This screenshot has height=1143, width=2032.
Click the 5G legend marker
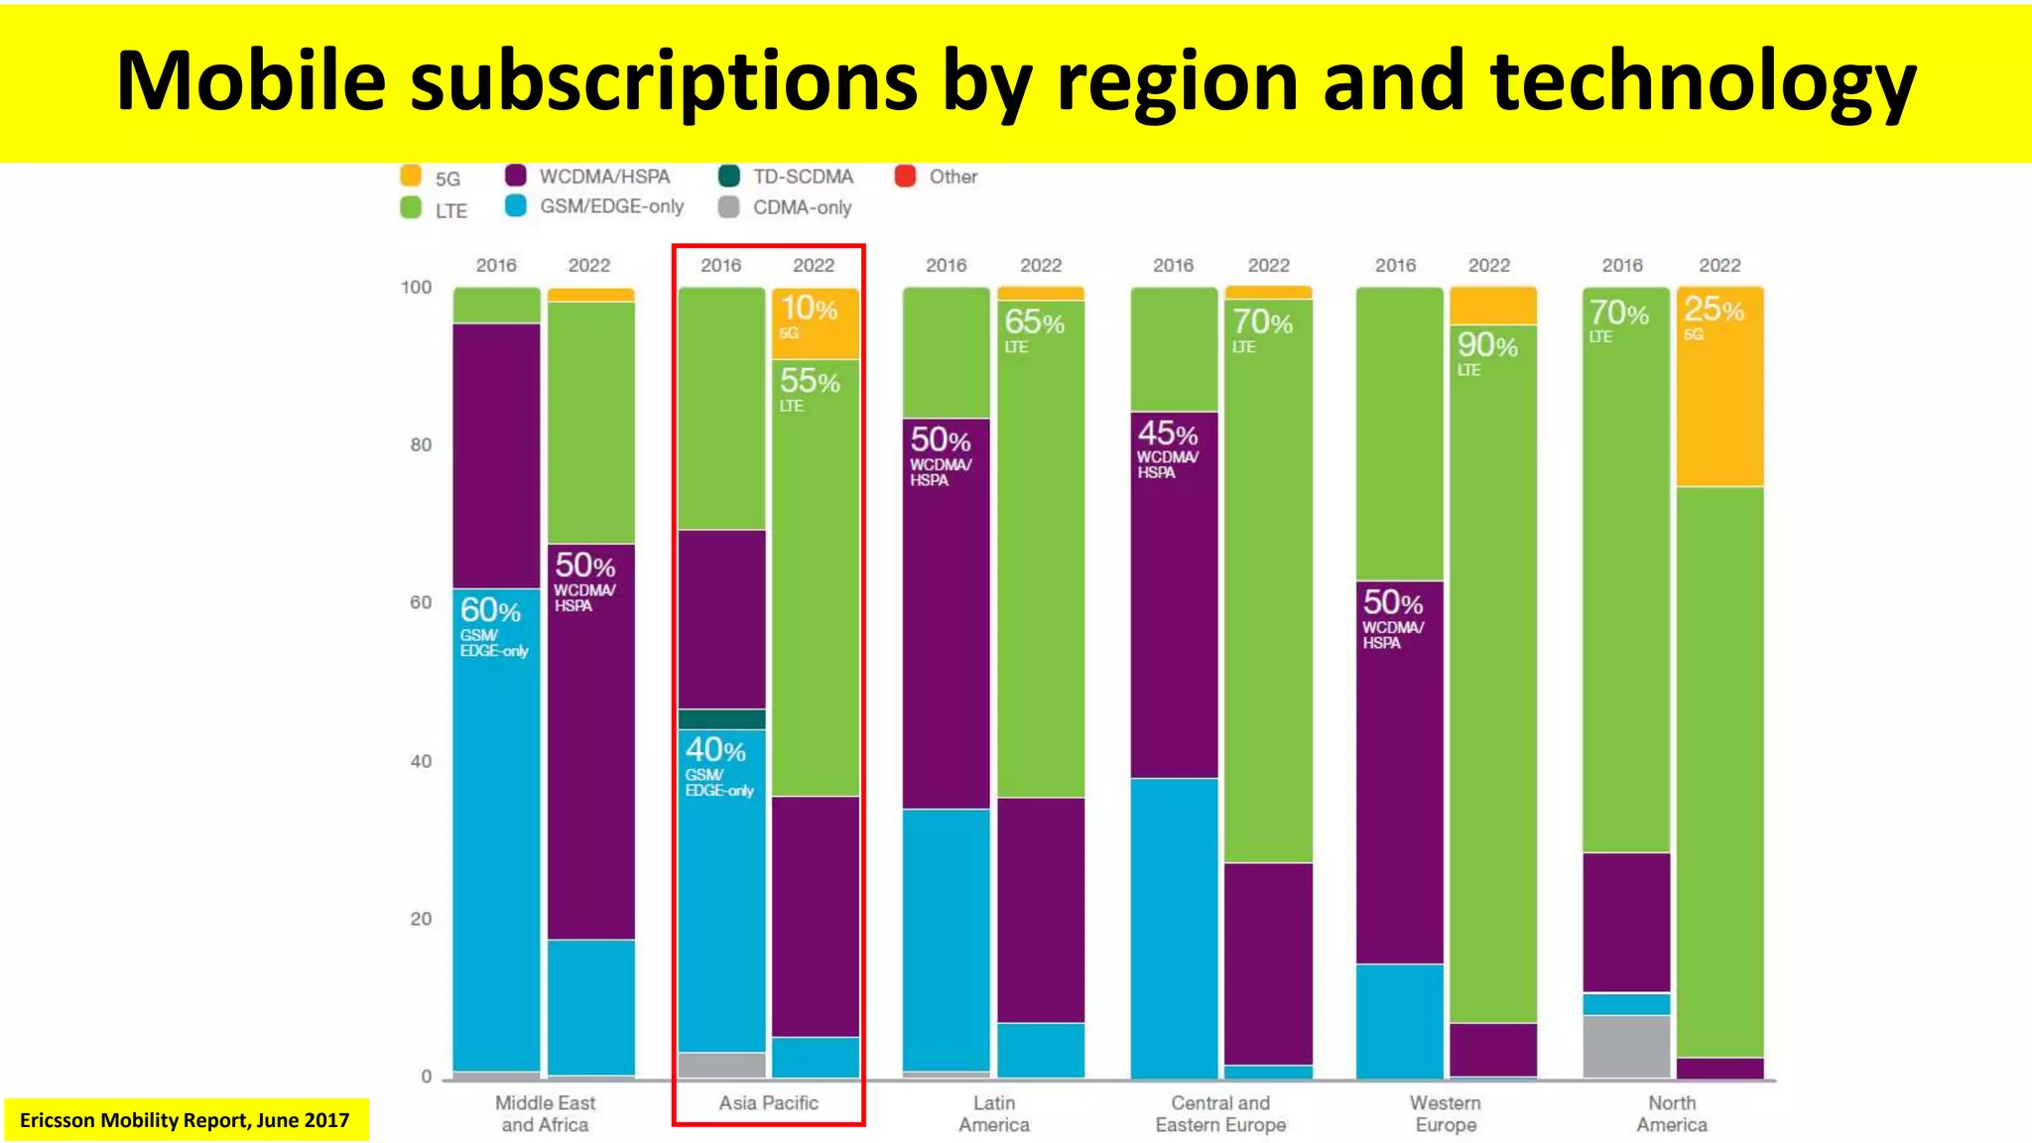tap(411, 177)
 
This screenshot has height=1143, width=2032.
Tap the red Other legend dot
tap(904, 177)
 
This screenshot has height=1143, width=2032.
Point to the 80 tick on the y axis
tap(421, 444)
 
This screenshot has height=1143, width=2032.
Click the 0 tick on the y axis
tap(427, 1077)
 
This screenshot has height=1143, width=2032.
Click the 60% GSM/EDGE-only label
tap(493, 625)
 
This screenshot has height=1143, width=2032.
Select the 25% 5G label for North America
tap(1714, 317)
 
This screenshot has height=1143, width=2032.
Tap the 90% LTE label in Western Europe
tap(1487, 353)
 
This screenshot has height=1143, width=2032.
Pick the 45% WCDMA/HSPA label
tap(1168, 447)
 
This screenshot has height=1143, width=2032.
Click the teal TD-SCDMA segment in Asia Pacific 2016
tap(721, 719)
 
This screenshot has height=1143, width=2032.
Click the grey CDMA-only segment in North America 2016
tap(1626, 1046)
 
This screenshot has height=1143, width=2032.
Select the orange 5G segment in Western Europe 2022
tap(1493, 306)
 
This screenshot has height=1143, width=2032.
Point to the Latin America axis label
tap(994, 1113)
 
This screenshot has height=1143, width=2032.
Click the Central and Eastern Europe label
tap(1220, 1113)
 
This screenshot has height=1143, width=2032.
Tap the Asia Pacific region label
tap(769, 1102)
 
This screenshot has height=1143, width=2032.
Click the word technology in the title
tap(1703, 81)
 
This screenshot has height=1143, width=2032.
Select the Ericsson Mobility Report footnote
tap(185, 1120)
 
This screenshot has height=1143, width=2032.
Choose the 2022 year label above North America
tap(1719, 265)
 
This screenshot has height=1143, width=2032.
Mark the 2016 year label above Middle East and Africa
tap(496, 265)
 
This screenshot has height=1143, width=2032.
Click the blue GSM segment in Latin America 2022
tap(1041, 1050)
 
